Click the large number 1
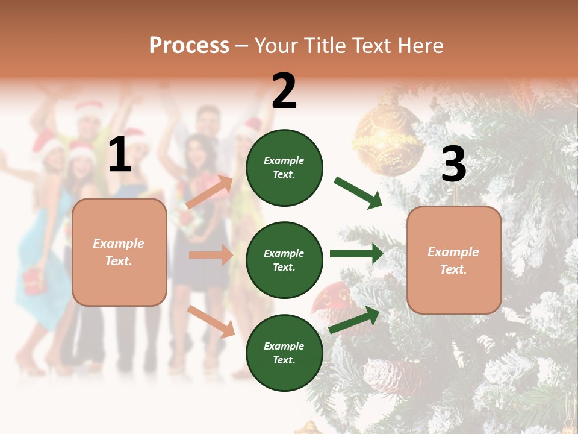[x=120, y=155]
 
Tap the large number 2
[x=284, y=91]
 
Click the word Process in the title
[x=189, y=45]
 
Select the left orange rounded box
[x=119, y=252]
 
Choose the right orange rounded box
[x=454, y=260]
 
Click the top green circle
[x=284, y=168]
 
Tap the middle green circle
[x=284, y=260]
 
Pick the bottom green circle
[x=284, y=353]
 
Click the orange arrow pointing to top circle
[x=210, y=192]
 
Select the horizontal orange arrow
[x=211, y=255]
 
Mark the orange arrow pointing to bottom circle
[x=211, y=321]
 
